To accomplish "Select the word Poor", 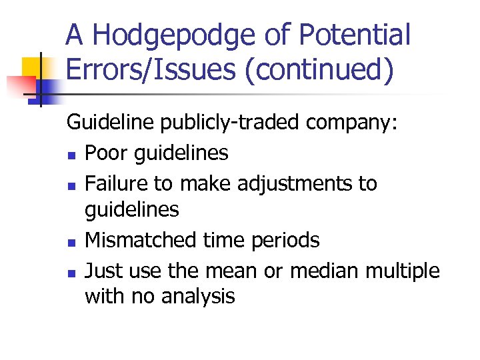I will point(107,154).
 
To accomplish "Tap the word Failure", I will point(117,183).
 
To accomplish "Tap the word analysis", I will point(199,297).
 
